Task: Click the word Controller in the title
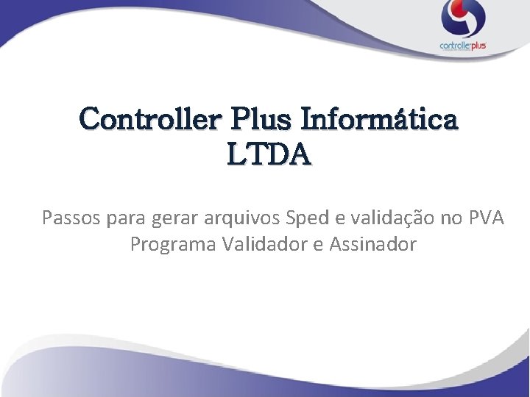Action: (144, 118)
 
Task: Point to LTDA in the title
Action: (269, 155)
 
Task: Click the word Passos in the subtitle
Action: (71, 218)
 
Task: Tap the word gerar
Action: (174, 218)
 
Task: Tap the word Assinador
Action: (372, 244)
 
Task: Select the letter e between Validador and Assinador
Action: (317, 245)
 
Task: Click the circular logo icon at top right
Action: (463, 19)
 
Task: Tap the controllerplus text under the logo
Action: (463, 46)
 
